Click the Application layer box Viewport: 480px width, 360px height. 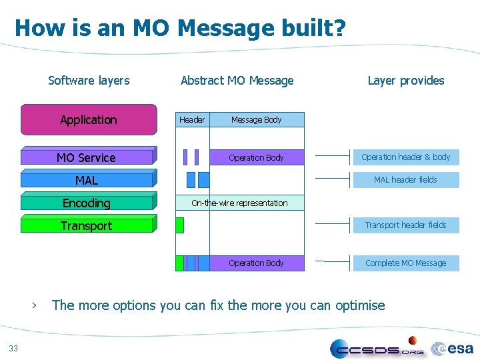pos(89,120)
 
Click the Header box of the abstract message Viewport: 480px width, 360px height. pos(192,120)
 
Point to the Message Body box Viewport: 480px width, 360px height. pos(257,120)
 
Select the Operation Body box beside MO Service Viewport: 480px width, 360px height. pos(257,157)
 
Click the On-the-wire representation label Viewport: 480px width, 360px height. pos(239,203)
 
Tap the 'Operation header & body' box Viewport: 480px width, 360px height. pos(405,157)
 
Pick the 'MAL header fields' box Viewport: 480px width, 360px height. pos(405,180)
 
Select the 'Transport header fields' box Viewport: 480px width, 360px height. pos(405,225)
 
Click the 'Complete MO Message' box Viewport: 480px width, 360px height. pos(405,263)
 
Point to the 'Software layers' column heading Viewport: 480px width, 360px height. pos(89,81)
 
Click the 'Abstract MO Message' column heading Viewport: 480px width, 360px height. pos(237,81)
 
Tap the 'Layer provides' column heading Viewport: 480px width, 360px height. pos(405,81)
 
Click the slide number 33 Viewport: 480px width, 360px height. pos(14,347)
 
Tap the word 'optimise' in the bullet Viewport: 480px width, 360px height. pos(360,306)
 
